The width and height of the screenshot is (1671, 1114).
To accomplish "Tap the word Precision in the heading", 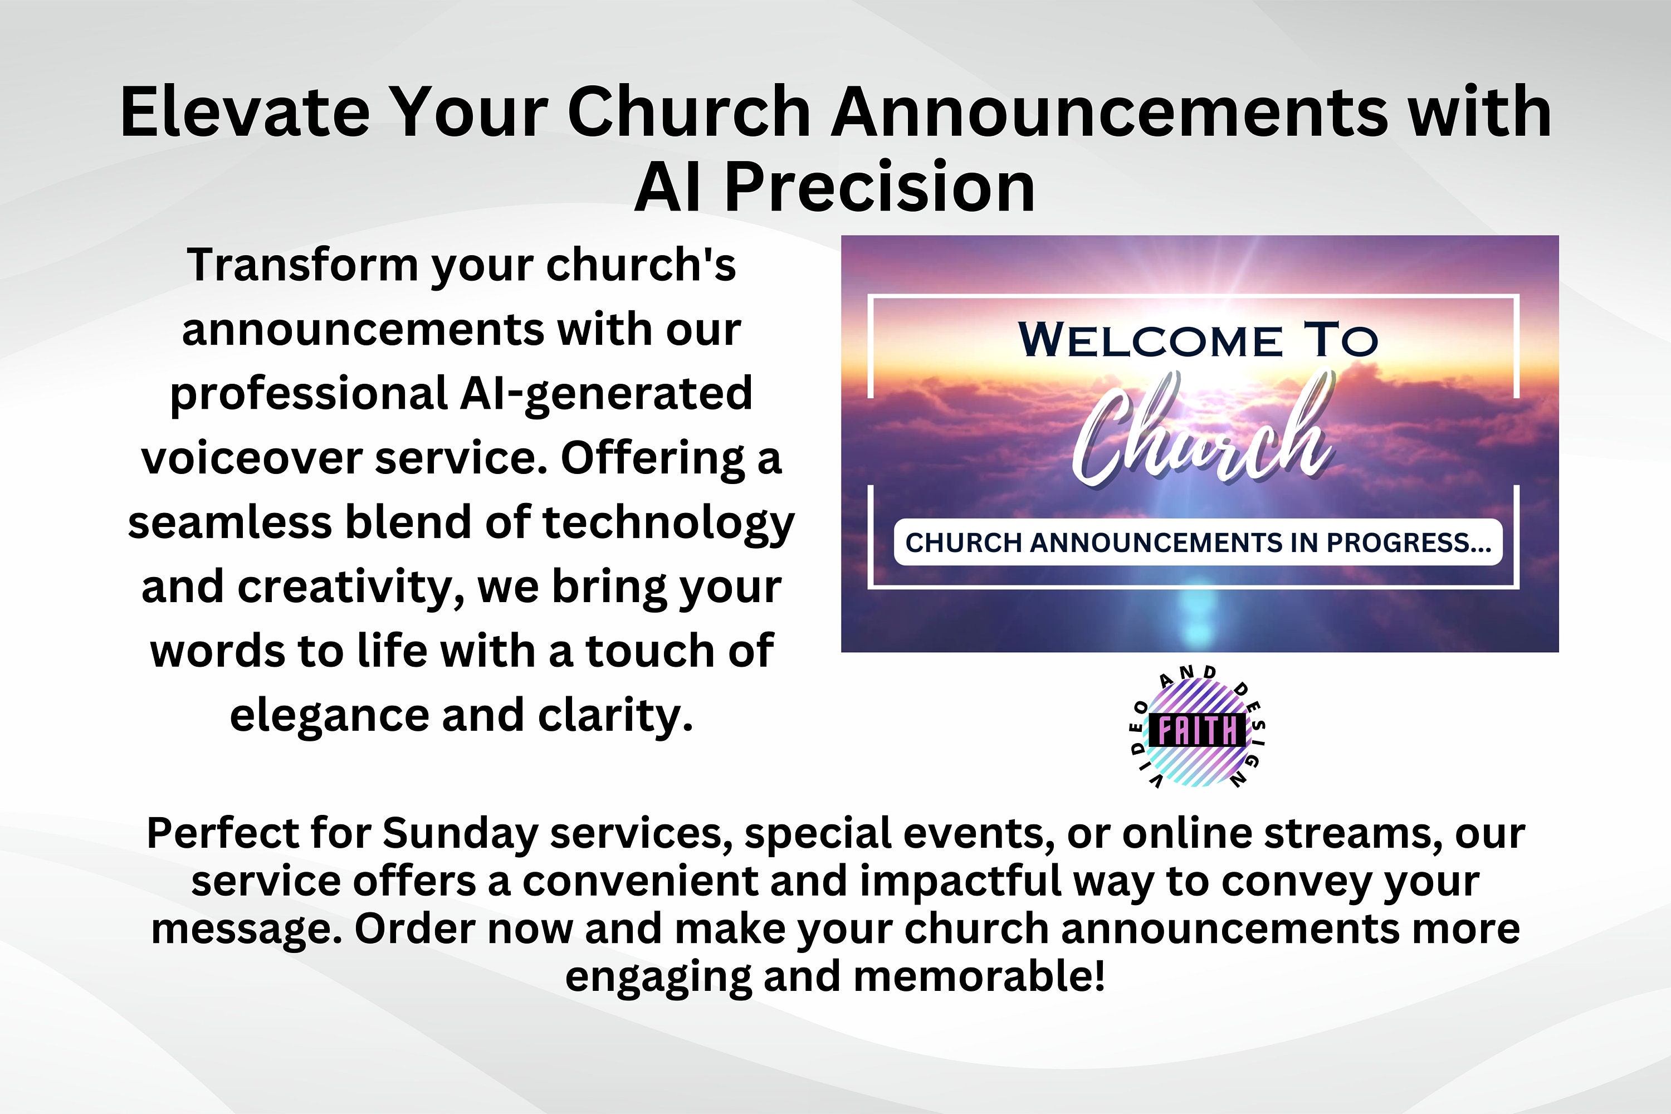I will click(x=880, y=188).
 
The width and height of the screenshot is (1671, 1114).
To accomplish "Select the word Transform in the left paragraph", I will click(x=302, y=265).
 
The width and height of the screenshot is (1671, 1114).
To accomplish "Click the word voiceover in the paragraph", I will click(x=252, y=458).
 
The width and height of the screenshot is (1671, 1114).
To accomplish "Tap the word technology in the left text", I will click(x=668, y=523).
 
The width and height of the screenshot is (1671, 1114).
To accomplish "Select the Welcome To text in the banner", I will click(x=1198, y=341).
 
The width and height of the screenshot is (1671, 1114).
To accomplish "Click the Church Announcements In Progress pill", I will click(x=1198, y=543).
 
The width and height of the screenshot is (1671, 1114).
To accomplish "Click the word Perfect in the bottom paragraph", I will click(x=222, y=833).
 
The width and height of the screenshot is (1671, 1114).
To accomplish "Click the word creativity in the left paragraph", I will click(x=350, y=588).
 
